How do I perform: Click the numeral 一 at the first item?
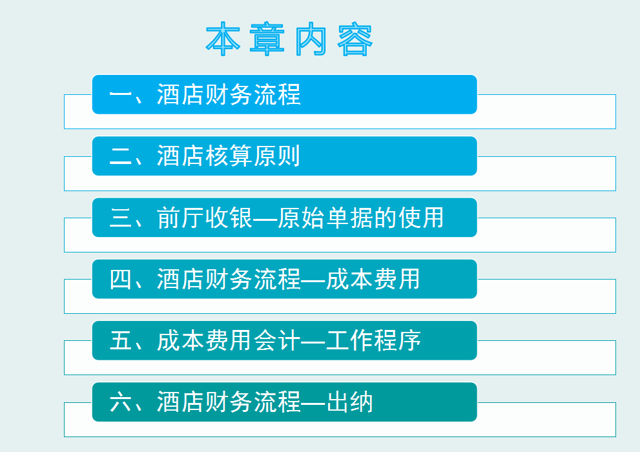click(x=121, y=95)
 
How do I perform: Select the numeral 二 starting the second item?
click(x=121, y=156)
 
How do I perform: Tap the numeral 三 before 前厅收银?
click(x=121, y=218)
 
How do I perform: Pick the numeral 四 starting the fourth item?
click(x=121, y=279)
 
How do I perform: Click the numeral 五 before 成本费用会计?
click(x=121, y=340)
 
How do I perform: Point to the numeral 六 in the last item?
click(x=121, y=402)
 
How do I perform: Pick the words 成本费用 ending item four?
click(x=373, y=279)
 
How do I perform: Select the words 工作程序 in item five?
click(x=373, y=340)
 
